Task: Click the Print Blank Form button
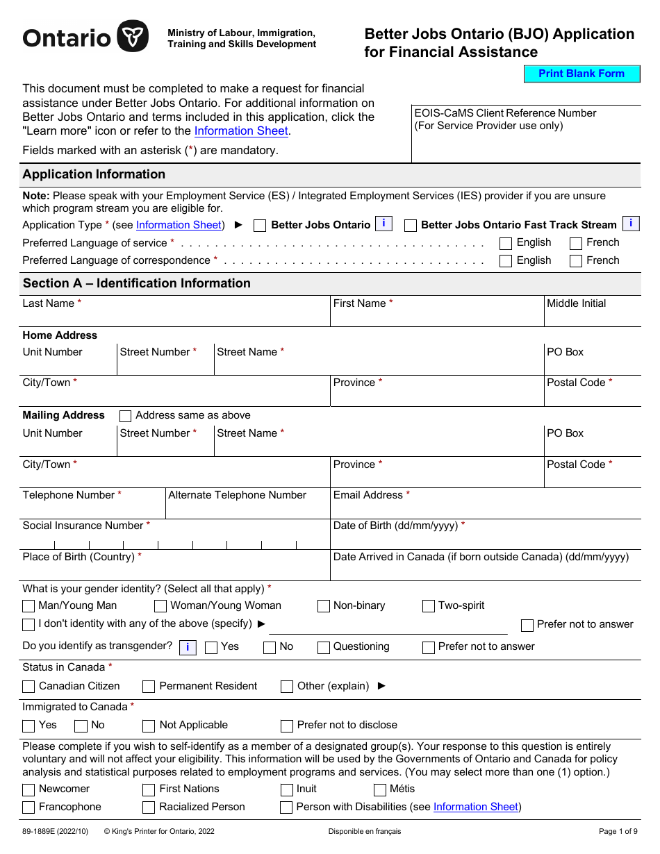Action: tap(581, 74)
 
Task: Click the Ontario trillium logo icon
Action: tap(132, 36)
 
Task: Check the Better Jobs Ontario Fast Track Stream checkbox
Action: tap(411, 226)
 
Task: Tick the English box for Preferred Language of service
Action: tap(506, 244)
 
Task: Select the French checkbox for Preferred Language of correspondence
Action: tap(575, 262)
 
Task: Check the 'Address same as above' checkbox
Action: tap(126, 416)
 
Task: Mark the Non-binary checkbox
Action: tap(324, 606)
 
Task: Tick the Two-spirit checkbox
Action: tap(429, 606)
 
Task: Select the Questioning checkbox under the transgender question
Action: tap(324, 648)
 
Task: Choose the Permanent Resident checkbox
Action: tap(149, 687)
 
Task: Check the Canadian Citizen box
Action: tap(28, 687)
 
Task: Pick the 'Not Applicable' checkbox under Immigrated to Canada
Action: tap(149, 726)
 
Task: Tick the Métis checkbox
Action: tap(380, 790)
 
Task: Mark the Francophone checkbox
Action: tap(28, 808)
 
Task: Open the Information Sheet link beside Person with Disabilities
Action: tap(475, 807)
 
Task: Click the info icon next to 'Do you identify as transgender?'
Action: tap(188, 647)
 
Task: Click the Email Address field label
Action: tap(368, 495)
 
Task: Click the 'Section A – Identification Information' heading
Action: tap(136, 283)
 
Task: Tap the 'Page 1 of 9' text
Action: tap(618, 831)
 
